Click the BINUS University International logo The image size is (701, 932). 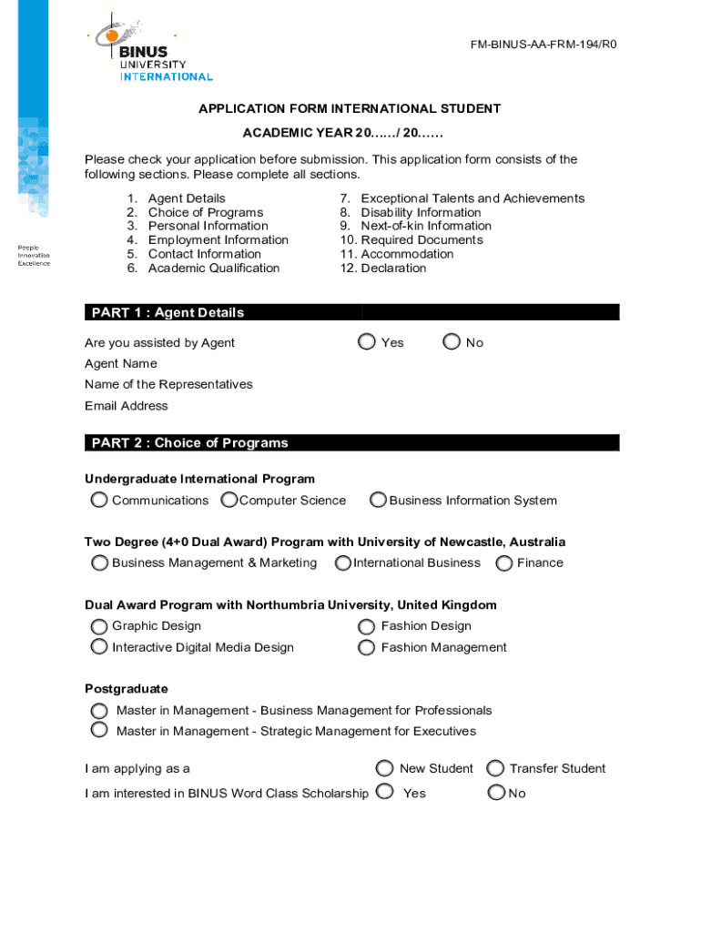150,50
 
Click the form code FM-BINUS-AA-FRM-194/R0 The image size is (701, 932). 544,44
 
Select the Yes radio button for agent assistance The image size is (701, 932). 367,342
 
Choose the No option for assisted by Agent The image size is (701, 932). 452,342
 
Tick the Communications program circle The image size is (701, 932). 99,500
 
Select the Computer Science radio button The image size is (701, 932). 229,500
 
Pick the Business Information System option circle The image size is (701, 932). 378,500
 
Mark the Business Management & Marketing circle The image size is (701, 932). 99,562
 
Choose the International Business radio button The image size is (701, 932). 343,562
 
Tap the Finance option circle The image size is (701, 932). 504,562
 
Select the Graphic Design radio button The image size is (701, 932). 99,626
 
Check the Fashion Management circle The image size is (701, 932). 367,648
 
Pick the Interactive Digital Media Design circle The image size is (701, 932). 99,647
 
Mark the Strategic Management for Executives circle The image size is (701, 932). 99,730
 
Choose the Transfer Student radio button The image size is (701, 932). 496,768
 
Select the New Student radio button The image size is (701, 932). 385,768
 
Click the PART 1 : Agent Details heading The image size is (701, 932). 168,312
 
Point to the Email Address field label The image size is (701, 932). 126,406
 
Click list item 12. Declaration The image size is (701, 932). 382,268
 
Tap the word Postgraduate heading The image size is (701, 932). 126,689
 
